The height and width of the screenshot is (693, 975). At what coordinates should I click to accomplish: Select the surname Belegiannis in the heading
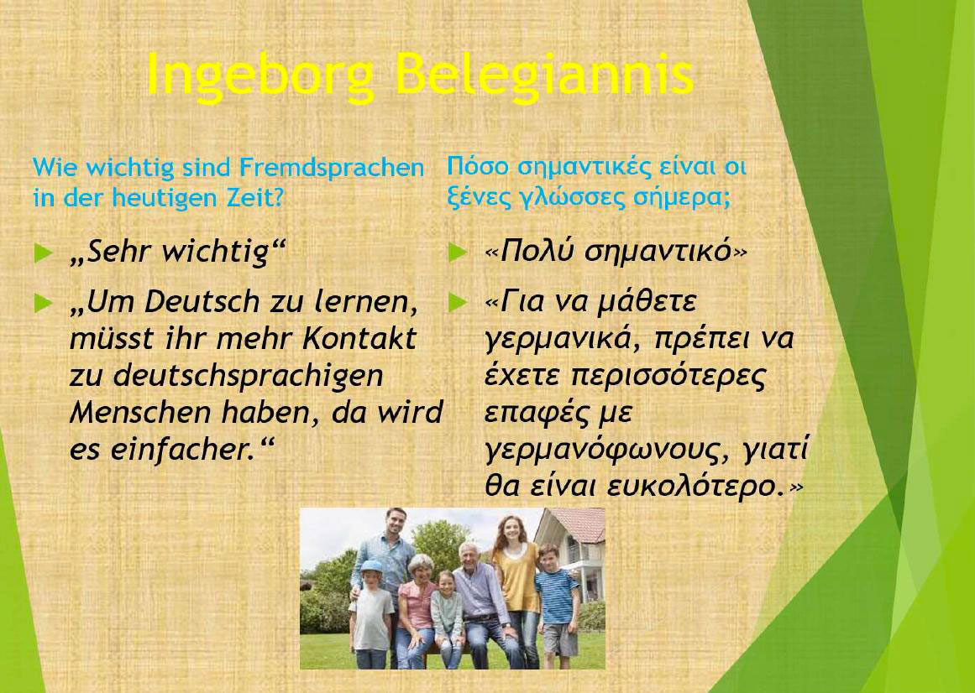(544, 73)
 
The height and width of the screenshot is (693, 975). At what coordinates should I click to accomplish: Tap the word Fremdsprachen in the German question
(332, 169)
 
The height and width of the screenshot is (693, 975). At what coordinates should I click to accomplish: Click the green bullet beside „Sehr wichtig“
(43, 253)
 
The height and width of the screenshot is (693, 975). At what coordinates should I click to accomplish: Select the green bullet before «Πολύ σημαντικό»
(458, 253)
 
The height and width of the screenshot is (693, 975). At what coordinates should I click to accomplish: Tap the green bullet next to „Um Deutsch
(43, 303)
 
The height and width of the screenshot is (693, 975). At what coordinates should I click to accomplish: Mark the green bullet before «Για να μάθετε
(458, 303)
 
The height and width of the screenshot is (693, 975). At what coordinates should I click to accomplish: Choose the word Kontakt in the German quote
(360, 339)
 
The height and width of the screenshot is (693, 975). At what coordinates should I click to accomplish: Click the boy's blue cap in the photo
(371, 566)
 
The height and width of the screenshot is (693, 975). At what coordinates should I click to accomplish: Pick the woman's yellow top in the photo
(516, 576)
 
